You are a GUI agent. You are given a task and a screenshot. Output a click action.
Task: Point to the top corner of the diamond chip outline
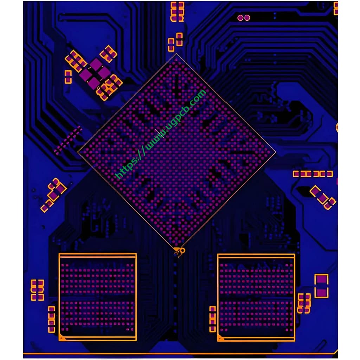click(176, 54)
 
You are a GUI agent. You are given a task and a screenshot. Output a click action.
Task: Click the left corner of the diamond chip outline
click(78, 152)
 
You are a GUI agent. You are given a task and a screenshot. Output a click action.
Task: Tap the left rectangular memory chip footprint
click(97, 297)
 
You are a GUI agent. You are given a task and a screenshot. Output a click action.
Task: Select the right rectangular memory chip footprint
click(256, 297)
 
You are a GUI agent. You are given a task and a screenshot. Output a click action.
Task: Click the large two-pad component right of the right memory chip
click(321, 286)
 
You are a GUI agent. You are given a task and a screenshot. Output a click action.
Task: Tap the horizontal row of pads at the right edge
click(313, 174)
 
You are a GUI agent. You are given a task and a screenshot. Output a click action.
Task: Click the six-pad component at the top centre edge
click(177, 12)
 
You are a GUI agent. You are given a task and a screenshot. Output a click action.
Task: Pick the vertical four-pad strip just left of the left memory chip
click(52, 319)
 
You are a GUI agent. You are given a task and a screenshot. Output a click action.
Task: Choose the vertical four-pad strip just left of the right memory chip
click(212, 319)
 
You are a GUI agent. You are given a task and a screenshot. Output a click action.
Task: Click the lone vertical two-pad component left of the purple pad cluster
click(68, 77)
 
